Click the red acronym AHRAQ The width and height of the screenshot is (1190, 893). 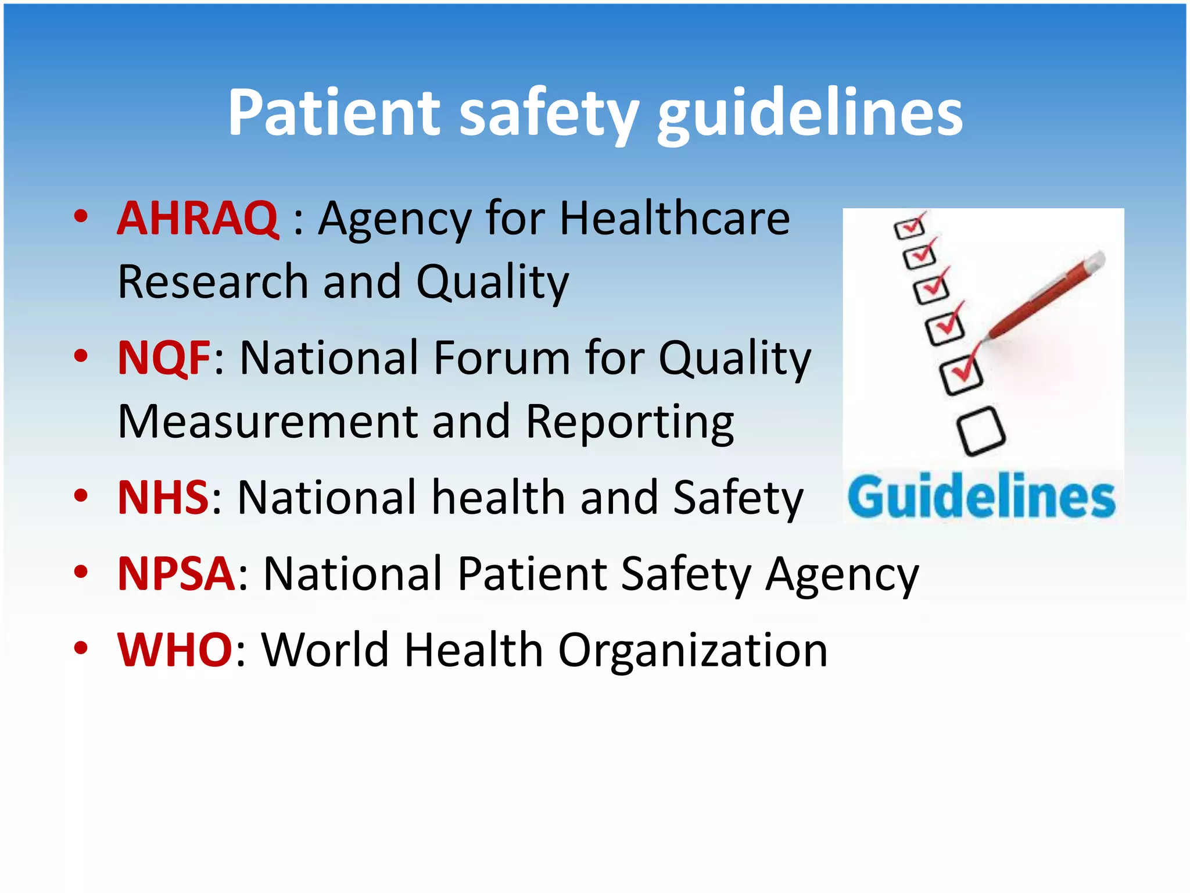(198, 219)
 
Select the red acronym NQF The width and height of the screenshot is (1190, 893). (164, 358)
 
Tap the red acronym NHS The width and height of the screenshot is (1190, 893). (163, 498)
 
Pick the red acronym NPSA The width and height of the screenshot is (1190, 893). (176, 574)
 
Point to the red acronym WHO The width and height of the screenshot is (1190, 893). (175, 649)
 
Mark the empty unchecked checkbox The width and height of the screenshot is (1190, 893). (981, 431)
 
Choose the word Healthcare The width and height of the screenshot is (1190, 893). (675, 219)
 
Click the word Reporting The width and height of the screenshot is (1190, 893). (630, 423)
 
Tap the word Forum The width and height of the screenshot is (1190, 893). (502, 358)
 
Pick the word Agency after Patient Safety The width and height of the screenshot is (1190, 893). (843, 575)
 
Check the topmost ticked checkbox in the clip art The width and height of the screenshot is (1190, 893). (910, 227)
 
